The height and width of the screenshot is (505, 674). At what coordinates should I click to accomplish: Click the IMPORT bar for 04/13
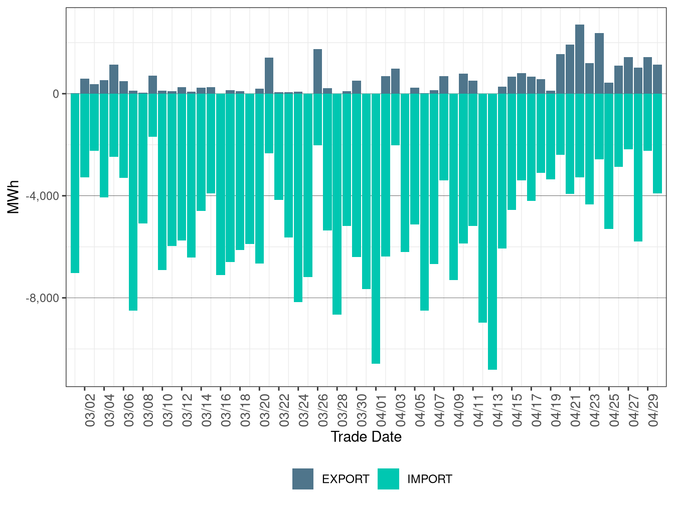(492, 231)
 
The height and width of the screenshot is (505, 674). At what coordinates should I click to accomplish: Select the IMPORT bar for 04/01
(376, 228)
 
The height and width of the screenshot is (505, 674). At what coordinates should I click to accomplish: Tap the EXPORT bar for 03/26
(317, 71)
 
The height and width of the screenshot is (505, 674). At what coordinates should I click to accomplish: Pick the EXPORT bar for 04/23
(599, 63)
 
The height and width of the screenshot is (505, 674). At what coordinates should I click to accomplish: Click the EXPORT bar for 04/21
(579, 59)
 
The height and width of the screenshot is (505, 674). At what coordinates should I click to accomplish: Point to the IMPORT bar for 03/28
(337, 204)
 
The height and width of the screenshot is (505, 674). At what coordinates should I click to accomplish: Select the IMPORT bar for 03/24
(298, 198)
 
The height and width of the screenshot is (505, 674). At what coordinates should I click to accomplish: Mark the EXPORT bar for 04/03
(395, 81)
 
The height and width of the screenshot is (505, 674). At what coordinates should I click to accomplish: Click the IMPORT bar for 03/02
(85, 135)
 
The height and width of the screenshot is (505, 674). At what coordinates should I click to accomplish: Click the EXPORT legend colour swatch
(303, 478)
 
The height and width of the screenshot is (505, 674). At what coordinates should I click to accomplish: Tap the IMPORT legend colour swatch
(389, 478)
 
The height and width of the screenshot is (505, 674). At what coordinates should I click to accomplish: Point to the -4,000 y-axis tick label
(42, 196)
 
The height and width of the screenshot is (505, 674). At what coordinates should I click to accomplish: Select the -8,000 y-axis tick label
(42, 298)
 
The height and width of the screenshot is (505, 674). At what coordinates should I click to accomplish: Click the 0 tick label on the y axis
(56, 94)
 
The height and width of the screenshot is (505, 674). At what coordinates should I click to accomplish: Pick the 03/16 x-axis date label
(226, 410)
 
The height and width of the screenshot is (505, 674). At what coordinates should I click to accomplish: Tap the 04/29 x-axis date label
(653, 410)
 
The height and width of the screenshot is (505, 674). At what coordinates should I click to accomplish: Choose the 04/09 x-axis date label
(459, 410)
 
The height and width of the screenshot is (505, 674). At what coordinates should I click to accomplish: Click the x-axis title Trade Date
(366, 437)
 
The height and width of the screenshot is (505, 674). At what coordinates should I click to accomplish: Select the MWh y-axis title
(13, 197)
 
